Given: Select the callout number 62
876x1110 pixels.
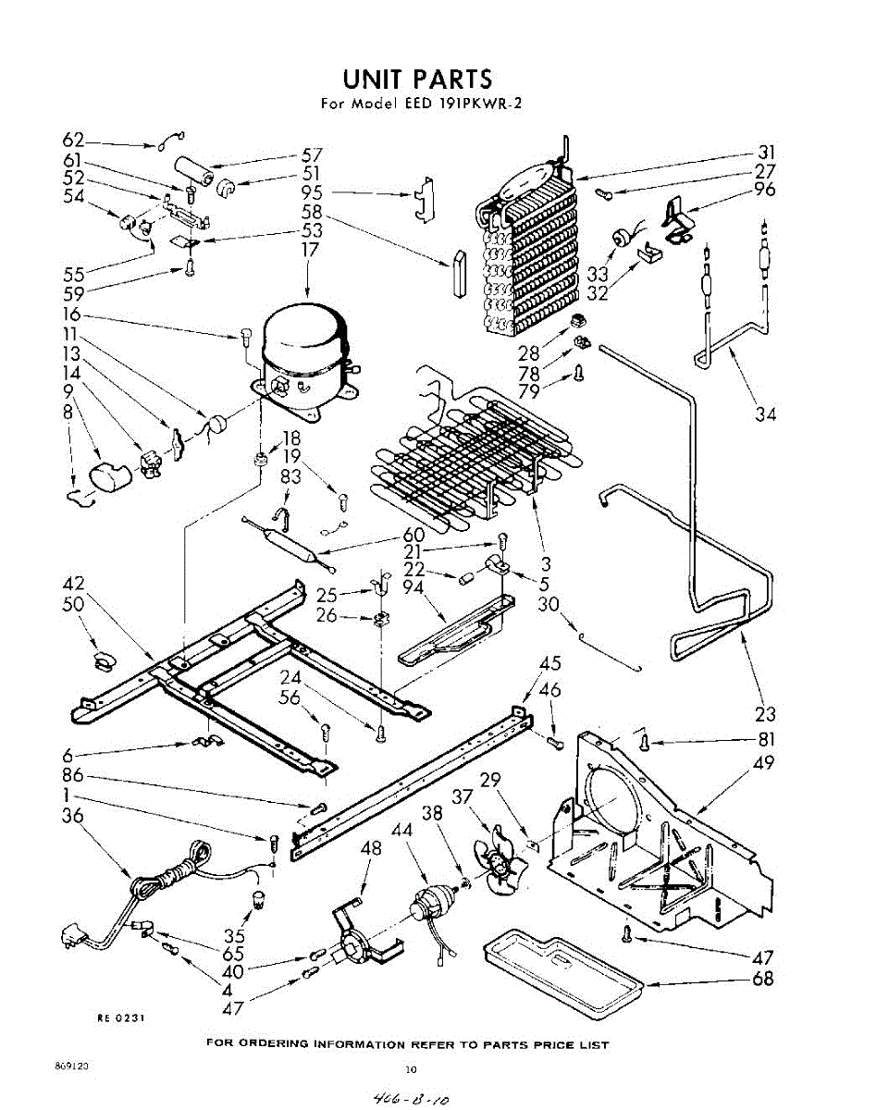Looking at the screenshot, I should click(73, 141).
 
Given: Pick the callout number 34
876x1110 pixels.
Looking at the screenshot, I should click(765, 413).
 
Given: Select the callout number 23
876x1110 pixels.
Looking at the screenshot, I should click(765, 713).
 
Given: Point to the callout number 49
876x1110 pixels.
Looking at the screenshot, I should click(764, 763).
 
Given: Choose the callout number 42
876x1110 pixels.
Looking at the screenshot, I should click(73, 584).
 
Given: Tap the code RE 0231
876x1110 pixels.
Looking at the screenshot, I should click(120, 1017).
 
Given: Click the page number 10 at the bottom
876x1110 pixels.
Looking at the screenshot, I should click(411, 1069).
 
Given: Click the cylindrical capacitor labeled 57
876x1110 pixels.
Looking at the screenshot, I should click(197, 172).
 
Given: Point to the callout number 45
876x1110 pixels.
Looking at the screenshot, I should click(550, 663).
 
